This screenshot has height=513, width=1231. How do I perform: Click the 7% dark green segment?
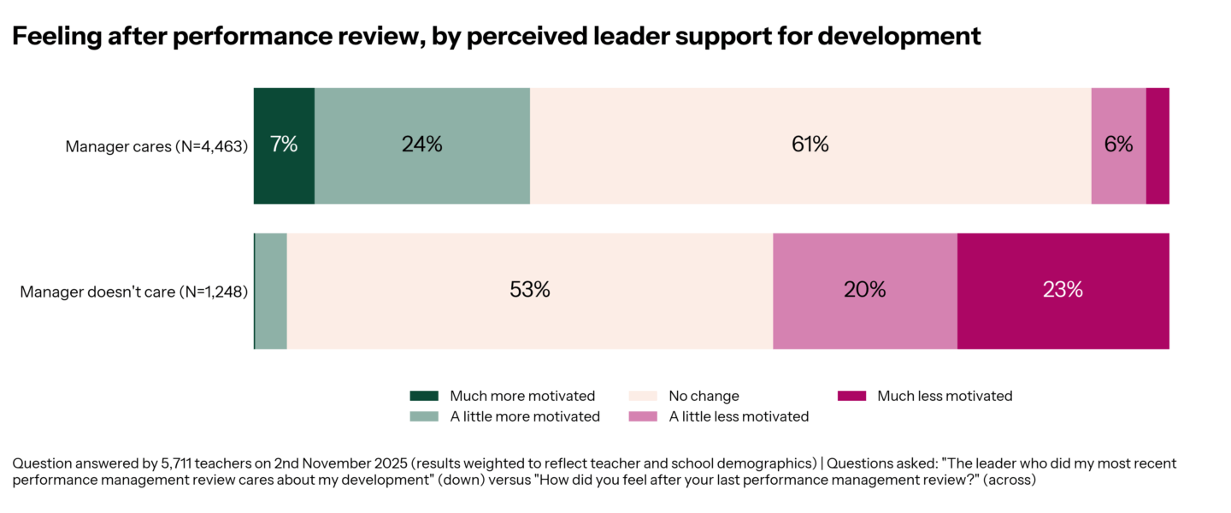284,145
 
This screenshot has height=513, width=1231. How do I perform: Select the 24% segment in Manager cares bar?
422,145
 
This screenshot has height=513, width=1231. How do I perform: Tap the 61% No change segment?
810,145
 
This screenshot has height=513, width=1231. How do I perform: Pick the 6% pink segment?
1118,145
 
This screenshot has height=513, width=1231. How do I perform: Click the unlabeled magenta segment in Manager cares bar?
1157,145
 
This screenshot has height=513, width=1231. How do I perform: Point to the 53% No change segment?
530,291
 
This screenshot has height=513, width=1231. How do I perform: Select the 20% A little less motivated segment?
865,291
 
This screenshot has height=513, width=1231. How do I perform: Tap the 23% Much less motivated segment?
1063,291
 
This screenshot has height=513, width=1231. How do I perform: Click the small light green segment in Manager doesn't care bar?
271,291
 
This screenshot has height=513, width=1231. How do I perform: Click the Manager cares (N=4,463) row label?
156,146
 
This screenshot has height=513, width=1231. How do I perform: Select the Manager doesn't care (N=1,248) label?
134,292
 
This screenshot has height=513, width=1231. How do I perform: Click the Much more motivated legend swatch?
424,396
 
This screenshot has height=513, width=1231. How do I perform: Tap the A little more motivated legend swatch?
424,416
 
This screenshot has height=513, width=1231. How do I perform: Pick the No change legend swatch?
643,396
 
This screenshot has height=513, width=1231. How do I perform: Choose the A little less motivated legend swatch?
643,416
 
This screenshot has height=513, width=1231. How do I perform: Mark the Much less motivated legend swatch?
851,396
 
